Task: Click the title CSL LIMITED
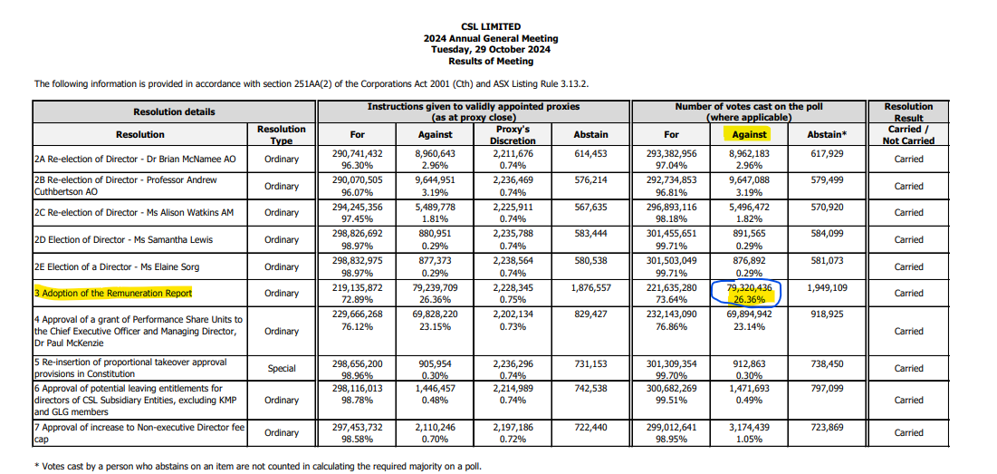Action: (491, 26)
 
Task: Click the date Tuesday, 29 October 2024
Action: (491, 50)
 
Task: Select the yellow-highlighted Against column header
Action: (749, 134)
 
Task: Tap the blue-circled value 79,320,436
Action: (749, 287)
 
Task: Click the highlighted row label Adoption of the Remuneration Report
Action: (113, 294)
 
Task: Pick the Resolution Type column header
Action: (281, 134)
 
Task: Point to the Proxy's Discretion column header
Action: (513, 134)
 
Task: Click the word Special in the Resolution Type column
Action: (281, 368)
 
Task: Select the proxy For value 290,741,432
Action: (357, 153)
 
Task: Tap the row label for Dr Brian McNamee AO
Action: (136, 160)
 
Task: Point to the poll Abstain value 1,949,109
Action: (828, 287)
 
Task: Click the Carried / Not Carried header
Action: (908, 135)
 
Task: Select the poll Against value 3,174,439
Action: (749, 427)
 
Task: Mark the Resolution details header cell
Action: (174, 112)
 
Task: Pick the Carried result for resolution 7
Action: (908, 432)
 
